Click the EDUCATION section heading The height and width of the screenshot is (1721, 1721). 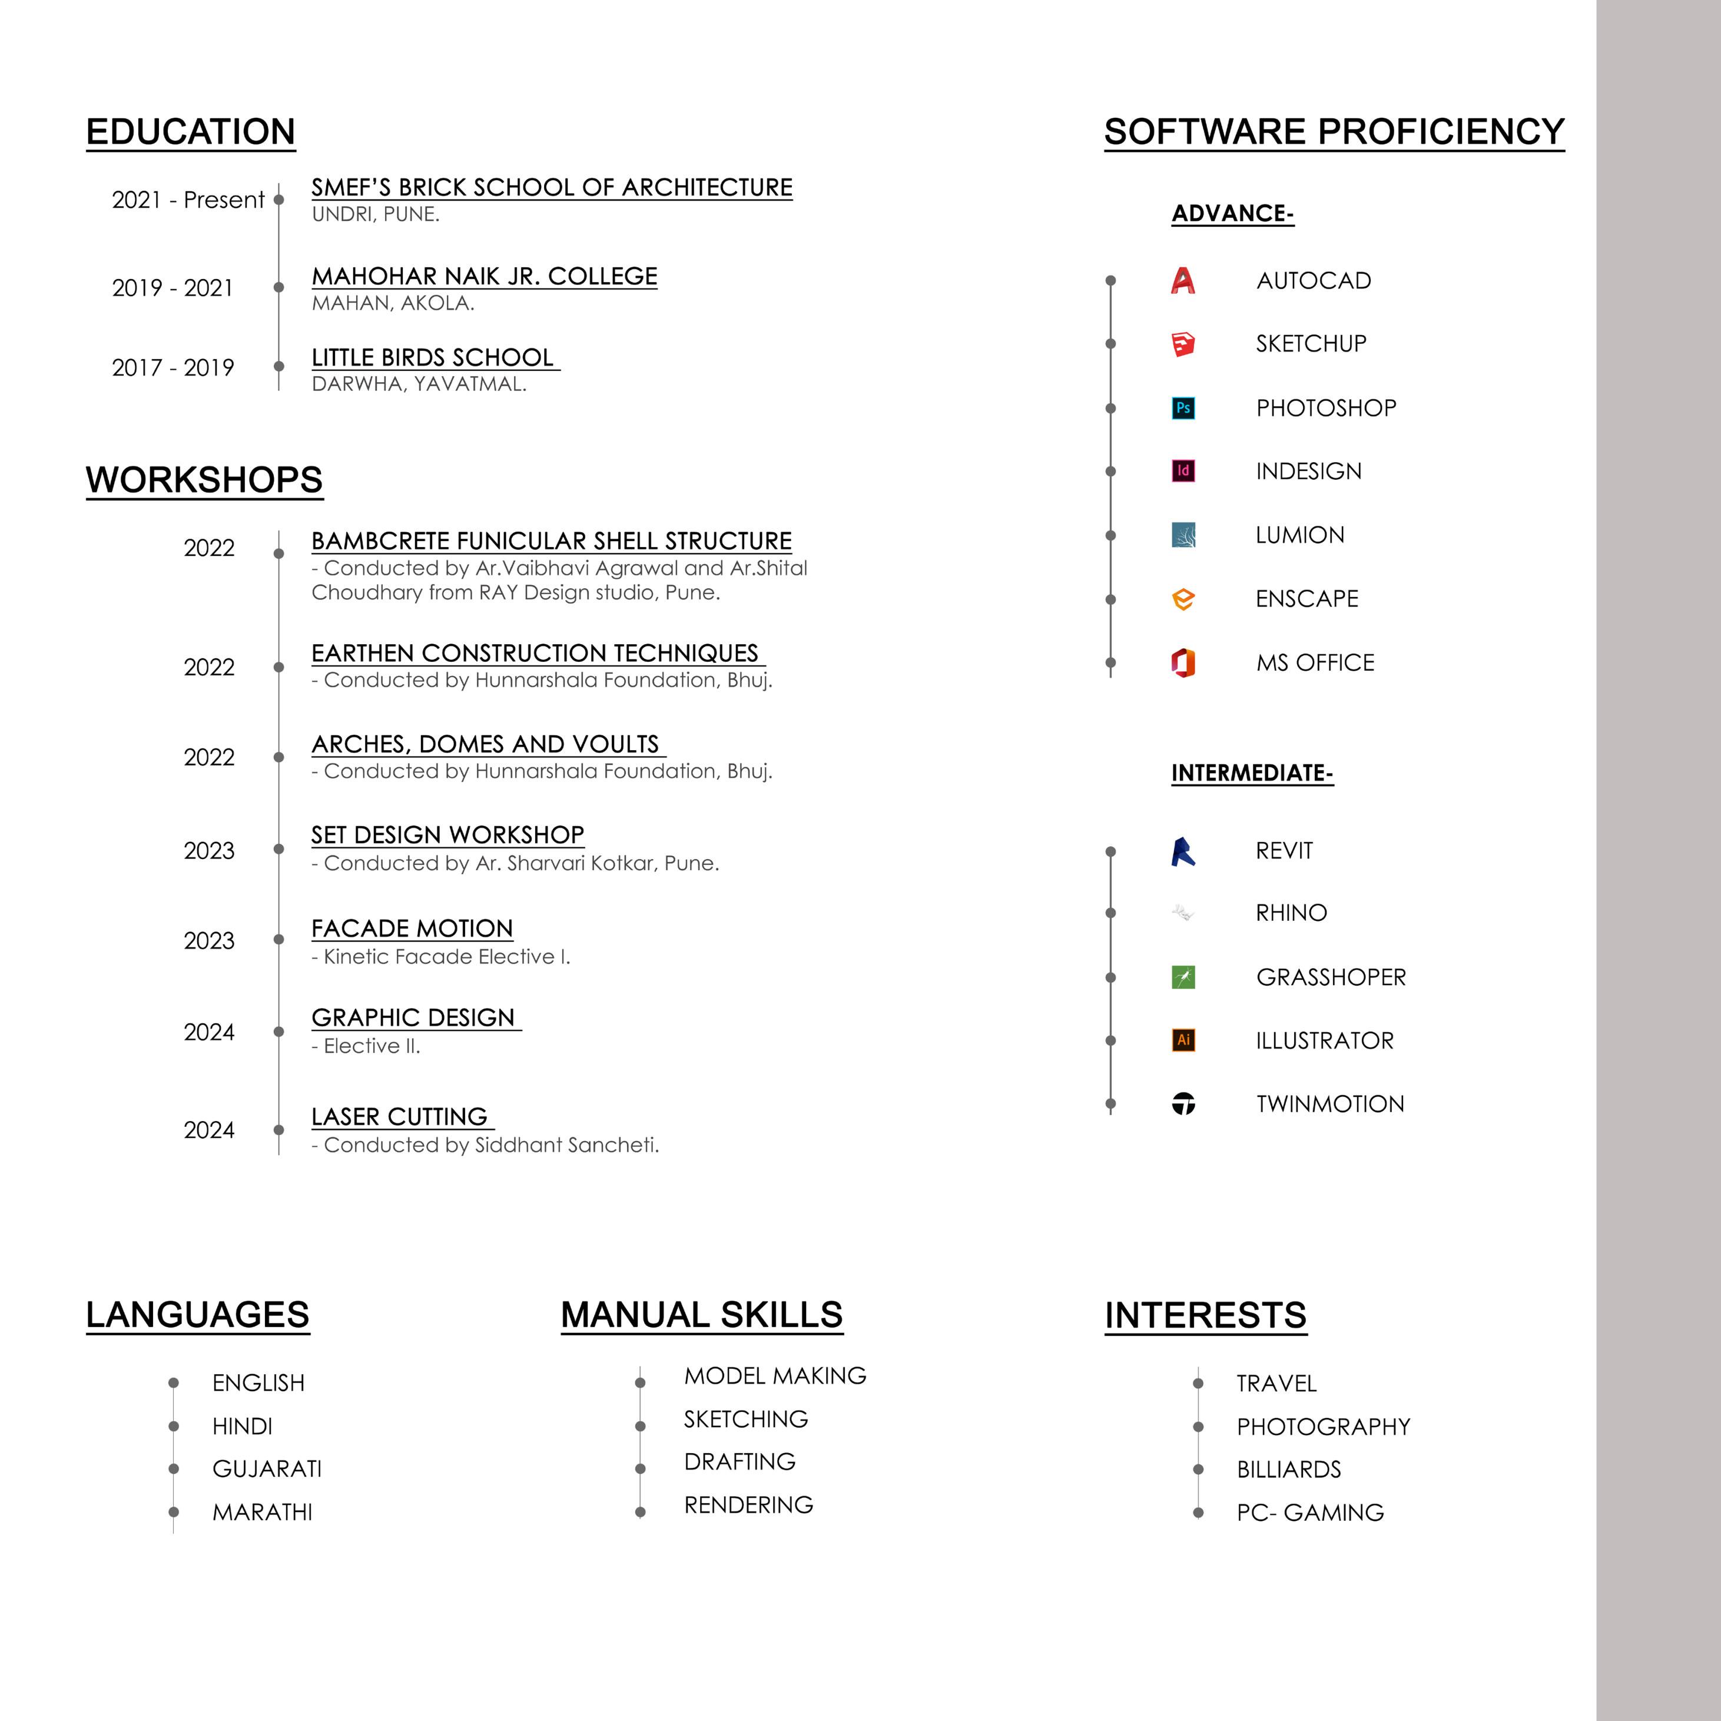(x=191, y=132)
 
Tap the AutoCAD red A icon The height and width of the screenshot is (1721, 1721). (x=1183, y=281)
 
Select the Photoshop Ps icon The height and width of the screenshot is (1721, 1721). (x=1183, y=408)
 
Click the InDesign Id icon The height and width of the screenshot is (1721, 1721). (x=1183, y=470)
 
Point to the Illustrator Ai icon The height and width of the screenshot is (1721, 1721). (x=1183, y=1040)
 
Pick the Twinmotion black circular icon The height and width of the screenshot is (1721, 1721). (x=1183, y=1104)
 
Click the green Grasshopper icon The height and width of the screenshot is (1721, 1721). (x=1183, y=977)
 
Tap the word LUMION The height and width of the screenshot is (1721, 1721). (x=1299, y=535)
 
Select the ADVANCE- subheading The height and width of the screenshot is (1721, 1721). (x=1232, y=214)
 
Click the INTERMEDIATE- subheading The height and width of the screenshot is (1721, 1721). (x=1252, y=773)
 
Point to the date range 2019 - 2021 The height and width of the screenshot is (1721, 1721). (x=173, y=288)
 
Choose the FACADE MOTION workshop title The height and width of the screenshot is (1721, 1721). (x=412, y=928)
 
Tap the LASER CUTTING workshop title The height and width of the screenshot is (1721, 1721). (x=399, y=1116)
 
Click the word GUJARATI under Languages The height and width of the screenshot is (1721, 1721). (x=266, y=1469)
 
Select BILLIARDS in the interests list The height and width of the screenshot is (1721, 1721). (x=1288, y=1470)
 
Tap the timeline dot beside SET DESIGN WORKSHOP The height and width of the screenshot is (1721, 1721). (x=279, y=849)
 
